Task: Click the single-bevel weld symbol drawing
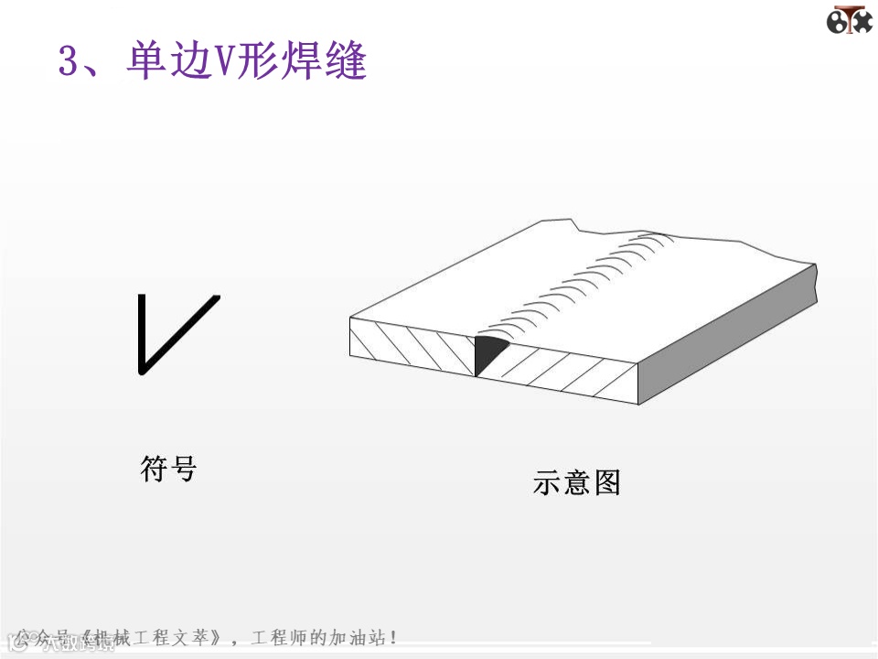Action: point(177,334)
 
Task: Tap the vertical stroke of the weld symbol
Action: point(141,334)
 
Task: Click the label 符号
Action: point(169,469)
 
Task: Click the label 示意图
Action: point(576,482)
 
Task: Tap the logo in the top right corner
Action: point(850,20)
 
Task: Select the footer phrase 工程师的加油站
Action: point(319,637)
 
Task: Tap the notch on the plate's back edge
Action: point(573,225)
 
